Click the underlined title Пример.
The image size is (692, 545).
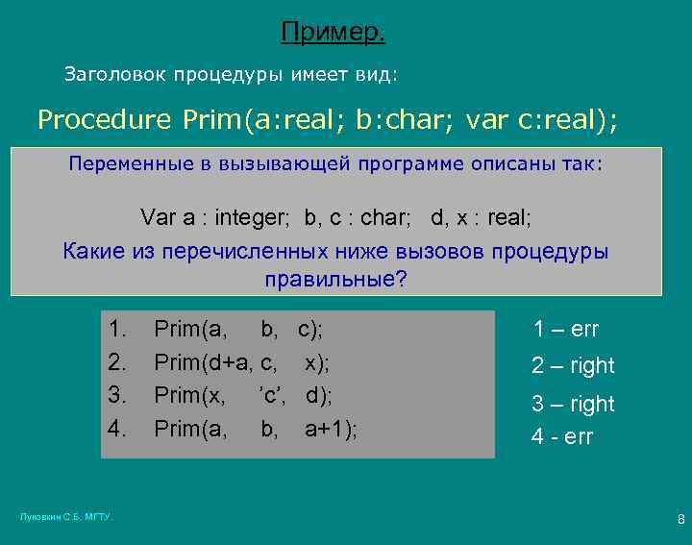tap(334, 34)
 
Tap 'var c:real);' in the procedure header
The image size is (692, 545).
tap(542, 120)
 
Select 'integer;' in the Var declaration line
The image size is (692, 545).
tap(251, 217)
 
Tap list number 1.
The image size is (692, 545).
tap(118, 331)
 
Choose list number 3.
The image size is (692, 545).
tap(118, 394)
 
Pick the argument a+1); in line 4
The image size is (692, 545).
tap(330, 427)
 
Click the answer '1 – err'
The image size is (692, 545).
tap(566, 330)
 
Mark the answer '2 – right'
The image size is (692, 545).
tap(573, 366)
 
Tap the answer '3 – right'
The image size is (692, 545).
tap(573, 404)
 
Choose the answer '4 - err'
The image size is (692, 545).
tap(562, 436)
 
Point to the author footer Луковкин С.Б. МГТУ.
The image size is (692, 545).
tap(66, 518)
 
